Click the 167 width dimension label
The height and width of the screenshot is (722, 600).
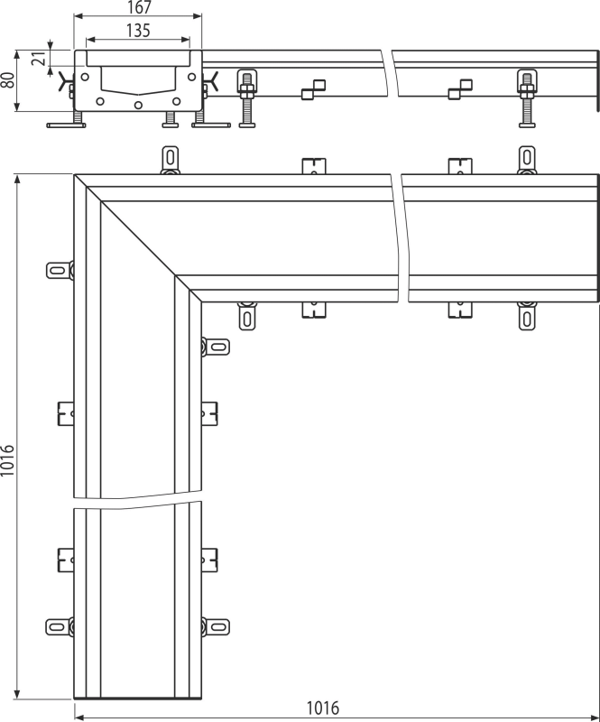[138, 7]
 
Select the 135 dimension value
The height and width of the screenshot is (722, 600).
[138, 31]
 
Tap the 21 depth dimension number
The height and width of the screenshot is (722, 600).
[40, 59]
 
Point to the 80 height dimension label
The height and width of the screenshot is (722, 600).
[7, 79]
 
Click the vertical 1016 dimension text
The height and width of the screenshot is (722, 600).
[7, 460]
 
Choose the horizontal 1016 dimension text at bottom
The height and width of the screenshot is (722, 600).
[322, 708]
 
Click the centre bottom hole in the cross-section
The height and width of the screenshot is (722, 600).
[138, 106]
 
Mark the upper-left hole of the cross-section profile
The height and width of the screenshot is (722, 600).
[85, 77]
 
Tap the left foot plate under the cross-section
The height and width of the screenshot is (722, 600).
[66, 125]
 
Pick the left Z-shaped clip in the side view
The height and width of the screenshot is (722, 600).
[314, 89]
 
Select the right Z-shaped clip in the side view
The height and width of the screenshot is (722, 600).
[460, 89]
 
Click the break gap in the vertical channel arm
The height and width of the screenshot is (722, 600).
[138, 500]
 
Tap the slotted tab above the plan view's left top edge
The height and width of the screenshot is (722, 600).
[170, 160]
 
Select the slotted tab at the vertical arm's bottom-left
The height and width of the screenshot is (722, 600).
[60, 626]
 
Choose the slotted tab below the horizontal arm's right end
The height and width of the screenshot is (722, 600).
[527, 317]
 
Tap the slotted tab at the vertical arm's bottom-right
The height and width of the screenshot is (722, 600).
[216, 626]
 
